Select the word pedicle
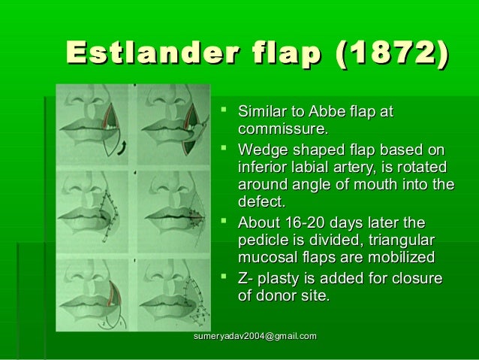(261, 241)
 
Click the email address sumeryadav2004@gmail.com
(255, 334)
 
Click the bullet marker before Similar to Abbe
(222, 113)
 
